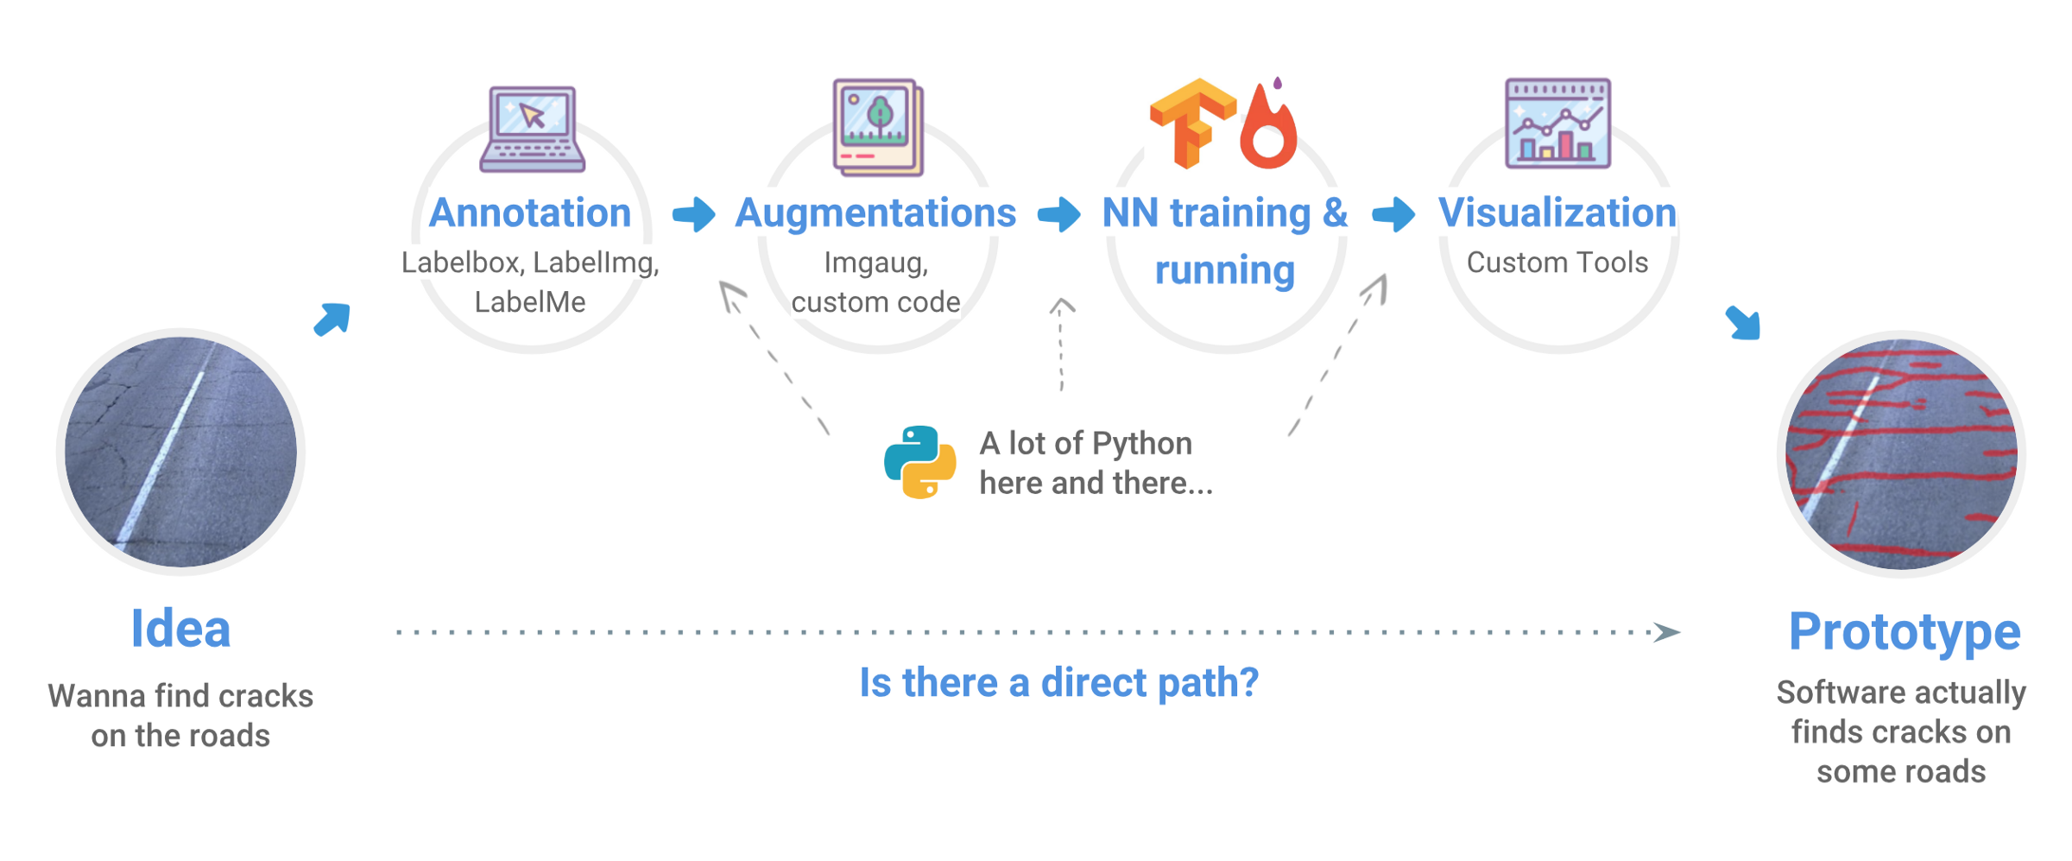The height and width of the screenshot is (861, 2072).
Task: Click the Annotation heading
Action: click(529, 212)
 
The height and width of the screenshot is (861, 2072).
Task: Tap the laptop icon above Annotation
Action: click(532, 130)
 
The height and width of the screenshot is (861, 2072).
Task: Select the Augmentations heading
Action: click(875, 212)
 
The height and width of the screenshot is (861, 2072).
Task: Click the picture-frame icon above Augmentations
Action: click(878, 127)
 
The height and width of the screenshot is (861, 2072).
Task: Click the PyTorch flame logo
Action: click(1268, 127)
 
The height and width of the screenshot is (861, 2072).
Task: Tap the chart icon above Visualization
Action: click(1557, 123)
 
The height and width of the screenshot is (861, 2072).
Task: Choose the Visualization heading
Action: click(1557, 212)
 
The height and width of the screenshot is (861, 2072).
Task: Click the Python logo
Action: click(919, 462)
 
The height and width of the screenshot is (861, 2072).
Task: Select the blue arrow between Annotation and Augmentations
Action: click(694, 213)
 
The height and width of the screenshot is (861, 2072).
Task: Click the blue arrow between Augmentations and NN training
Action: click(1058, 213)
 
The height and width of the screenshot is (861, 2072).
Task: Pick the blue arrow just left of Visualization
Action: click(1393, 213)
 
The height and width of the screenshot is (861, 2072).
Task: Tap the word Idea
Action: click(180, 629)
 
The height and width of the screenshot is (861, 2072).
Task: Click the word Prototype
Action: click(1904, 631)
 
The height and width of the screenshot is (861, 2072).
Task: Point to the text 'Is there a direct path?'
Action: click(1058, 682)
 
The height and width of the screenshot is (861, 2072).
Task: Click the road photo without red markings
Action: click(180, 452)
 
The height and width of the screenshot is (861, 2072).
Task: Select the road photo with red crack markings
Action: click(1901, 454)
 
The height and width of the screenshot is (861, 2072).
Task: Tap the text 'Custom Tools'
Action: click(1557, 263)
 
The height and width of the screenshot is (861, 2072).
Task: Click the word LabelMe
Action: click(529, 302)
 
